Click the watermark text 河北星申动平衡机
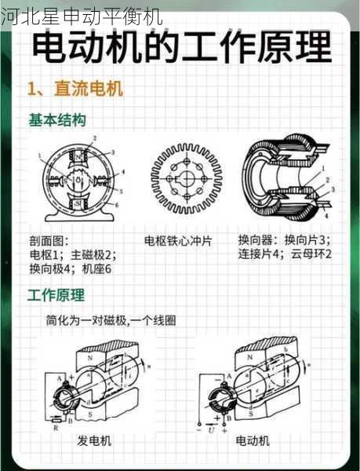pos(82,15)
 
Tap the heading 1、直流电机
pos(75,89)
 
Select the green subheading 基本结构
pos(57,120)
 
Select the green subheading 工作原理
pos(56,295)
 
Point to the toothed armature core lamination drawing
pos(187,179)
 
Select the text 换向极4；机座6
pos(71,268)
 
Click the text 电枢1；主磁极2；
pos(73,254)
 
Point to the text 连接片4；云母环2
pos(285,254)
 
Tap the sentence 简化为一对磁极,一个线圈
pos(111,320)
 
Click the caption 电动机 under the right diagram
pos(253,441)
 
